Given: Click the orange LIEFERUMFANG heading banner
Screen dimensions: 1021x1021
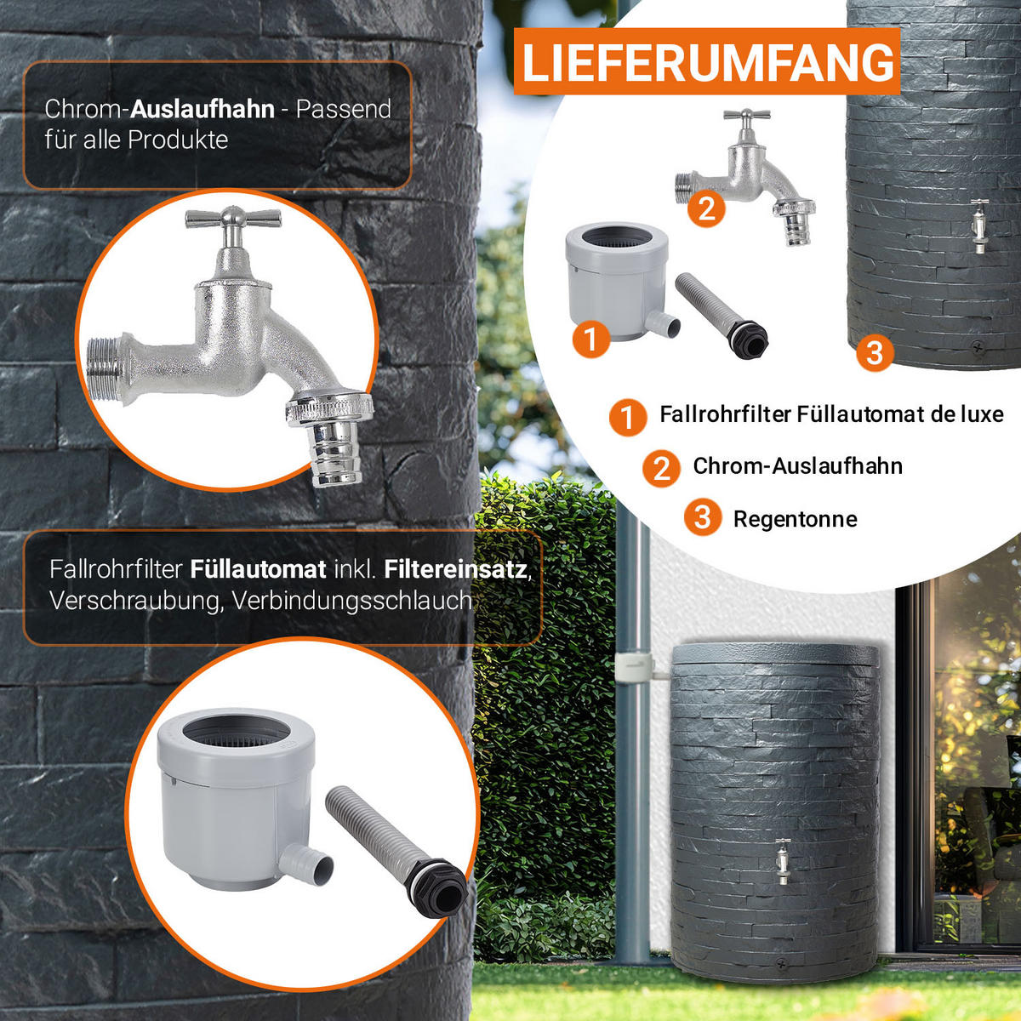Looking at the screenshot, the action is click(x=707, y=61).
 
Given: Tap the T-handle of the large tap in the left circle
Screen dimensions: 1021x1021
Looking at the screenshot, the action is click(x=233, y=217).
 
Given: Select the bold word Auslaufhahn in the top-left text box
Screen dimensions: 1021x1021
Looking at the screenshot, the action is click(x=202, y=110).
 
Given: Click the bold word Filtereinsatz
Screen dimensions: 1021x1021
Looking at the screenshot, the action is click(x=456, y=569).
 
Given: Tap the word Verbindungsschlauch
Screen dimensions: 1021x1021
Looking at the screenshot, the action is click(x=351, y=601).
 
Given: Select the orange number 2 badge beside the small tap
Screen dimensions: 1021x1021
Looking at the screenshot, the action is click(x=706, y=208).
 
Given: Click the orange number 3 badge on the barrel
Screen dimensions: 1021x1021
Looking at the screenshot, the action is click(x=875, y=352).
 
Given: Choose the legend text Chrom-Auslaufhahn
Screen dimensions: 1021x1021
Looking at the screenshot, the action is click(x=797, y=466).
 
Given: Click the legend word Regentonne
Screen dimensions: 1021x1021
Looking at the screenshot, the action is click(x=795, y=519).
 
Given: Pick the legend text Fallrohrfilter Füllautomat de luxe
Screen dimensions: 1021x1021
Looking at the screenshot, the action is click(x=831, y=414).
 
